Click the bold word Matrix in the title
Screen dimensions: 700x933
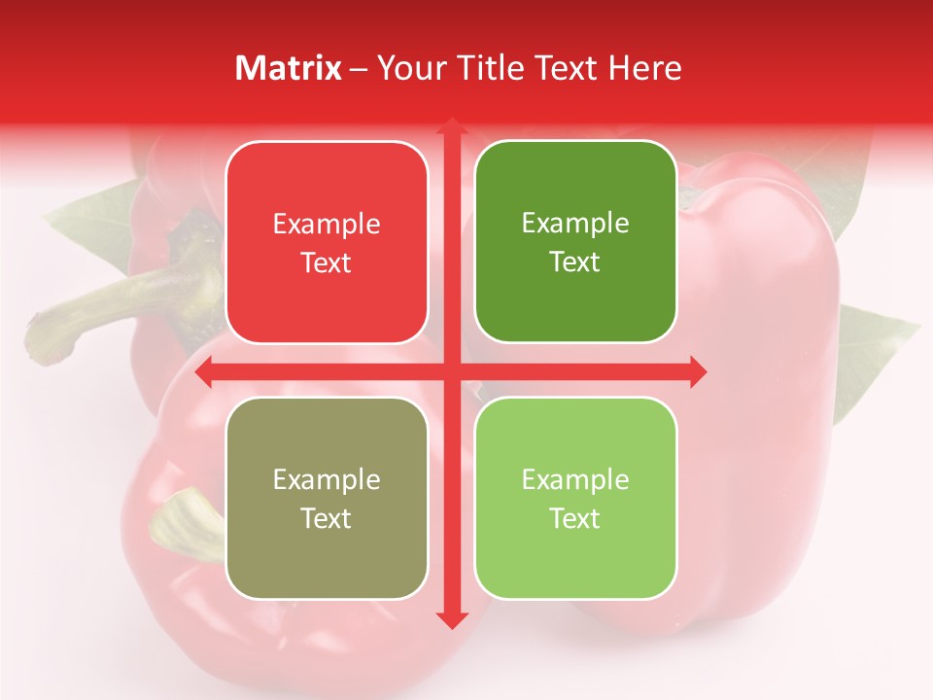click(289, 68)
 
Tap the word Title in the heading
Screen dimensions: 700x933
click(482, 68)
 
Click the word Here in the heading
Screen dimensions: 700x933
click(645, 68)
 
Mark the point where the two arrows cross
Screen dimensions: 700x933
click(451, 371)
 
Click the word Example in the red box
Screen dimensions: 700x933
click(327, 225)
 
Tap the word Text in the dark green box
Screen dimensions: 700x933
click(575, 262)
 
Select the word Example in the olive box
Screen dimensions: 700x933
click(327, 480)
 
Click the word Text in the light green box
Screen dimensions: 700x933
click(575, 518)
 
